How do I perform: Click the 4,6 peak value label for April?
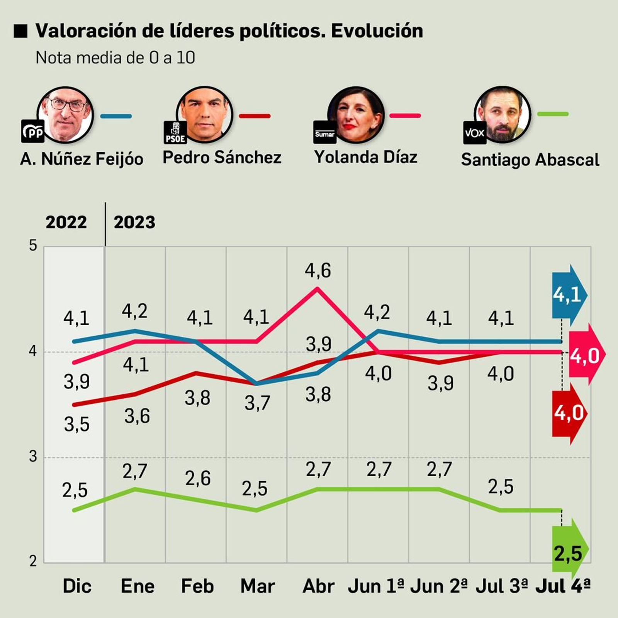[x=317, y=270]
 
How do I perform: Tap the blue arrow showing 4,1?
[x=568, y=295]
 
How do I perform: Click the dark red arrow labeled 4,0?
[x=569, y=414]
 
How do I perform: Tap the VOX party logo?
[x=474, y=133]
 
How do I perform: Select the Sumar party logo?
[x=324, y=133]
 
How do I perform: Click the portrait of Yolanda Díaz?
[x=356, y=115]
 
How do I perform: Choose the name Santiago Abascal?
[x=530, y=160]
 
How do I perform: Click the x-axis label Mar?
[x=257, y=586]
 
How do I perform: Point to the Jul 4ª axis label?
[x=563, y=586]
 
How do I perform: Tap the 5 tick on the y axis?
[x=33, y=246]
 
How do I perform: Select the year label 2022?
[x=66, y=222]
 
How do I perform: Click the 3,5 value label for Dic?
[x=76, y=424]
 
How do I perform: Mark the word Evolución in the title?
[x=377, y=31]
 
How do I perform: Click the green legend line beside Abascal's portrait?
[x=553, y=114]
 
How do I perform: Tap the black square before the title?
[x=20, y=31]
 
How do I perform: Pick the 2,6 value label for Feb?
[x=198, y=479]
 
